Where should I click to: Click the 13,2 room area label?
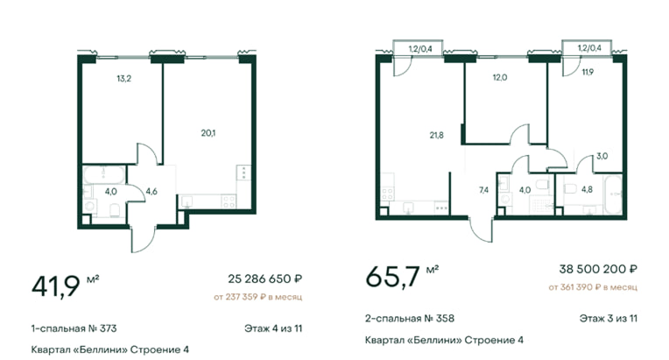123,79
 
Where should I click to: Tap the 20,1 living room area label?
208,133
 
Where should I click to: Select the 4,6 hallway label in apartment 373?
151,192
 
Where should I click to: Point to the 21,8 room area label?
436,135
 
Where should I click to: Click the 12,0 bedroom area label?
500,78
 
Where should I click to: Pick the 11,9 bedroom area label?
588,72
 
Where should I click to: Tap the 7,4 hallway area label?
484,190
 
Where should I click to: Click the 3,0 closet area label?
602,156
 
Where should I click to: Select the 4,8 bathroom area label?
587,189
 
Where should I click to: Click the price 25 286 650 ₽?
265,279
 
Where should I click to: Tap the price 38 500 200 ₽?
598,269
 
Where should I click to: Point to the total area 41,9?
55,286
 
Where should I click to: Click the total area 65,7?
392,277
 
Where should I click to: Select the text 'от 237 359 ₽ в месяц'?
258,297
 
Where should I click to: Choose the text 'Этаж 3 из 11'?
609,318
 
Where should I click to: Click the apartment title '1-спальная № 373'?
74,328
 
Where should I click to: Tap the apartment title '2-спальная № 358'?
410,318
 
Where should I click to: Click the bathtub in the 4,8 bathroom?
614,194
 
